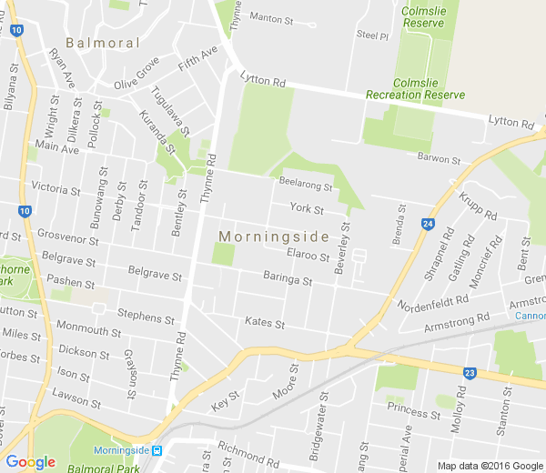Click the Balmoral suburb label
click(x=102, y=43)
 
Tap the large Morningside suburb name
click(x=274, y=236)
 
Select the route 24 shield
click(x=428, y=223)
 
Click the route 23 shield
click(x=469, y=372)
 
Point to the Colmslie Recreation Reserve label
click(x=415, y=95)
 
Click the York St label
click(x=307, y=209)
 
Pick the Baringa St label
click(x=288, y=278)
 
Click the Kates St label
click(x=265, y=323)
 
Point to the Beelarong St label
click(x=306, y=186)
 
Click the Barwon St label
click(x=440, y=159)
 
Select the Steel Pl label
click(x=372, y=35)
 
